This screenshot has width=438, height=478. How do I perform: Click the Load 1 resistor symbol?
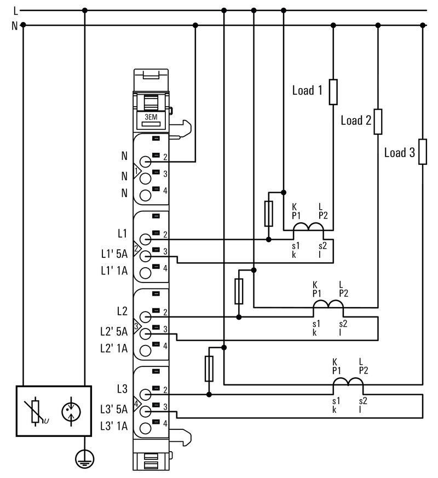(x=333, y=92)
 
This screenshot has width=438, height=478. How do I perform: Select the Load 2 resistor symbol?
(x=378, y=122)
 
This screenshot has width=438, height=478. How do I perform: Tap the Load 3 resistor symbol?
(x=422, y=152)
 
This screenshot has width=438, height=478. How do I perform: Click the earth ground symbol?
(x=84, y=459)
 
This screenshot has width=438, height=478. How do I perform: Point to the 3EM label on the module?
(x=151, y=117)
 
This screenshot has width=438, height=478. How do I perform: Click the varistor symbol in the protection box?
(x=37, y=412)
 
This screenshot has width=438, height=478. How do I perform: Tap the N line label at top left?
(x=15, y=25)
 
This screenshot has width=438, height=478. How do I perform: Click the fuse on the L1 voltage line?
(x=268, y=214)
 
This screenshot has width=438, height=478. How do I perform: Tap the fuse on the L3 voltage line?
(x=209, y=368)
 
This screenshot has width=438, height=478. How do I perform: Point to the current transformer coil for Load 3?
(x=348, y=382)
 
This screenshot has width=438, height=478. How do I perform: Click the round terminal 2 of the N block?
(x=145, y=162)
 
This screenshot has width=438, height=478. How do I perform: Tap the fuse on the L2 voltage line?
(x=239, y=291)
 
